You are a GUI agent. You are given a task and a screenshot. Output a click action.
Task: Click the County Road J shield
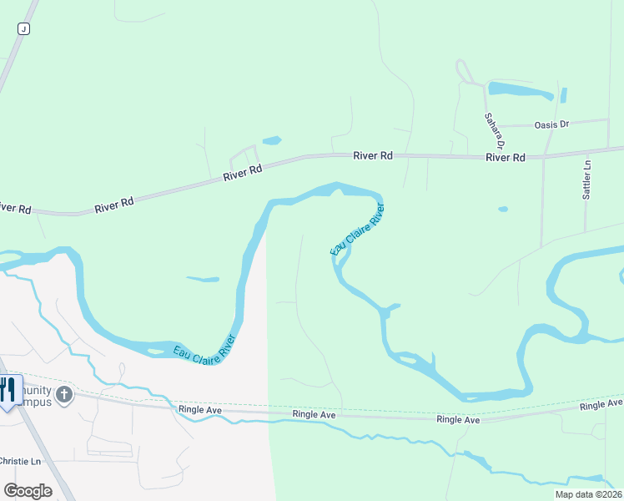click(23, 28)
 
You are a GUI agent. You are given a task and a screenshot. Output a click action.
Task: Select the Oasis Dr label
click(551, 124)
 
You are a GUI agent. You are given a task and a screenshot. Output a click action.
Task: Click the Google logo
click(28, 491)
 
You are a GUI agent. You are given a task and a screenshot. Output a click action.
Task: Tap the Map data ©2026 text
click(587, 494)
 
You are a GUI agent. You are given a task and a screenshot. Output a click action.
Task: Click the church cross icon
click(65, 394)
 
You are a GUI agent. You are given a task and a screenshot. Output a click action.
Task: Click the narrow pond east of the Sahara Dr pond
click(564, 95)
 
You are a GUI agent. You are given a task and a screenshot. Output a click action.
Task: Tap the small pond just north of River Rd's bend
click(272, 140)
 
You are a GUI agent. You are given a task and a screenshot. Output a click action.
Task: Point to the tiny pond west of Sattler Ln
click(502, 209)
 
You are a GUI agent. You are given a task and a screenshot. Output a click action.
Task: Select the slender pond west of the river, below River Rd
click(203, 279)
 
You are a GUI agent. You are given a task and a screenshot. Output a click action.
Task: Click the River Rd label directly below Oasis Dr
click(506, 157)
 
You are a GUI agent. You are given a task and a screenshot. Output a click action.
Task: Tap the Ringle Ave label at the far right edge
click(601, 405)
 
